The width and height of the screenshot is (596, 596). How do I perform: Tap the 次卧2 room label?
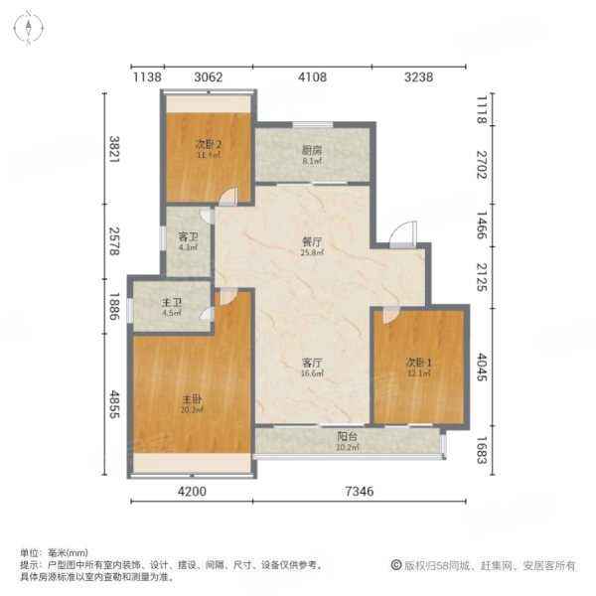[208, 146]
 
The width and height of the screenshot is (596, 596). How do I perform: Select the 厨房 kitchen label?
[313, 149]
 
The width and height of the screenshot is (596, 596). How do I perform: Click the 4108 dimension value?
[312, 75]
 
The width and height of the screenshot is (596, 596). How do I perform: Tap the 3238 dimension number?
[417, 75]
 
